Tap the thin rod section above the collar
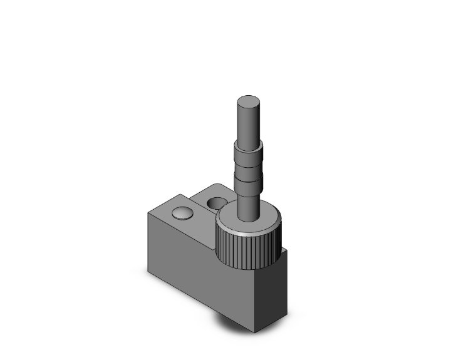249,122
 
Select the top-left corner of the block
148,213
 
